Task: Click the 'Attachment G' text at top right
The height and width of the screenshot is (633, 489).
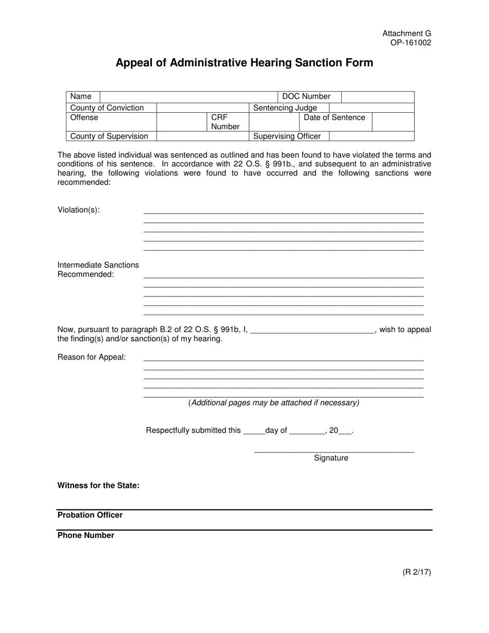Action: coord(406,33)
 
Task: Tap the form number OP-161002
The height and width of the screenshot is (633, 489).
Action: coord(410,43)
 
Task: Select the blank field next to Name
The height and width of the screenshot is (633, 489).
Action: coord(188,97)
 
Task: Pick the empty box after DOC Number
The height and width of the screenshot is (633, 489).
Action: coord(377,97)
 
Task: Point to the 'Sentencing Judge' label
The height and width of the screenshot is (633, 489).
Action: coord(285,108)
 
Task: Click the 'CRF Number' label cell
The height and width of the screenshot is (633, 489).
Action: coord(225,122)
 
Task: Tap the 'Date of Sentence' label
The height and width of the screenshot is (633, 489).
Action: coord(335,118)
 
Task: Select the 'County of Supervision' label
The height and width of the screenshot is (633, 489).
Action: coord(109,136)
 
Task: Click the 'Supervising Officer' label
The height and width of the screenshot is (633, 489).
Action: coord(287,136)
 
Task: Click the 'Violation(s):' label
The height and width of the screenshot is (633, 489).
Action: coord(79,210)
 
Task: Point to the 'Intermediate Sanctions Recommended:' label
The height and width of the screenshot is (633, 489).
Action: coord(98,270)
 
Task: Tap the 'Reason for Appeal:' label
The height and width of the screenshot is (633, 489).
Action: coord(92,357)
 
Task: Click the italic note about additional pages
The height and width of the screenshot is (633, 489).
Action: coord(274,403)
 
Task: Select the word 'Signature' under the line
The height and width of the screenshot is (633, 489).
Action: coord(331,458)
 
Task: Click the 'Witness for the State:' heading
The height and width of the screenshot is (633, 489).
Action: coord(98,486)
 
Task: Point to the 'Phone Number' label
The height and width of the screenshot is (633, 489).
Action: coord(86,536)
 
